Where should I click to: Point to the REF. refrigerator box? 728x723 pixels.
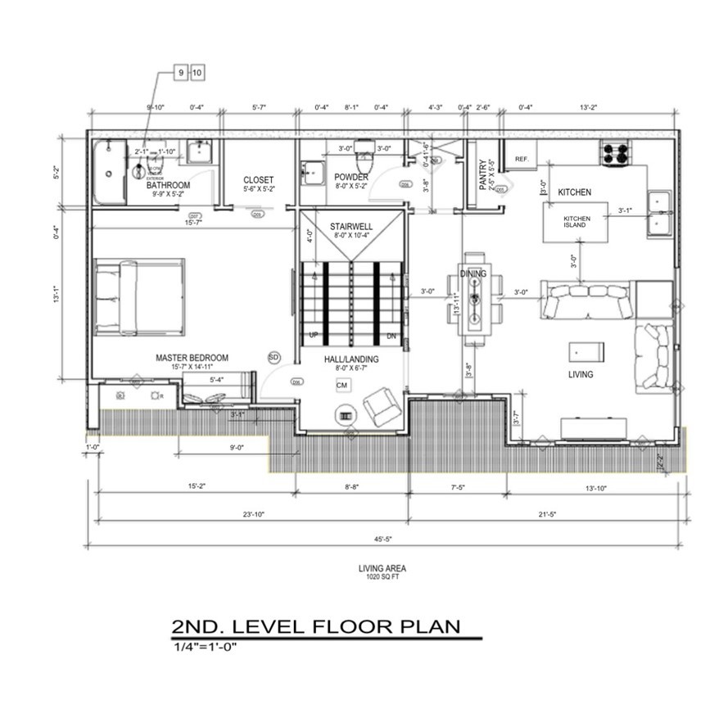(x=519, y=158)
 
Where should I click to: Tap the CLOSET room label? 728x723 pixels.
(x=258, y=180)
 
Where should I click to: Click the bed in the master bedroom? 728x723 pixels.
(x=138, y=298)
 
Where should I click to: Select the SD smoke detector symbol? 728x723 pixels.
(x=274, y=357)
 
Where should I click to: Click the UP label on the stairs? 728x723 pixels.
(x=313, y=336)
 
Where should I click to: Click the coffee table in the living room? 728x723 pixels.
(x=586, y=351)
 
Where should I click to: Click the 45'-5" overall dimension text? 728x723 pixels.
(x=382, y=538)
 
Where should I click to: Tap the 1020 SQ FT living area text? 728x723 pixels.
(x=382, y=576)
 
